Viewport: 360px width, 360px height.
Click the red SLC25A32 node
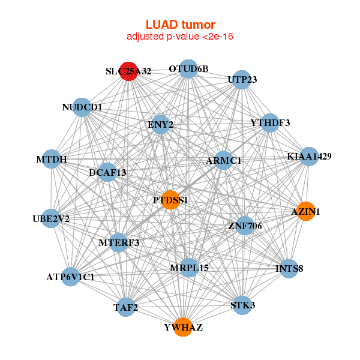point(128,71)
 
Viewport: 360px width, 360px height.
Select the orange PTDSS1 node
point(171,200)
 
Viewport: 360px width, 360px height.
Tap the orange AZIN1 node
point(305,211)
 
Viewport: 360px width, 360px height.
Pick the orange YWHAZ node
point(183,327)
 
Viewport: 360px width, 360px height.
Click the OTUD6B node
point(188,69)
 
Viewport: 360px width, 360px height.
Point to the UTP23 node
point(242,80)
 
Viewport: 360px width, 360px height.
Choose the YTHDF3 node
point(270,123)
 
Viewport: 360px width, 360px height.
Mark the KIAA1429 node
point(309,157)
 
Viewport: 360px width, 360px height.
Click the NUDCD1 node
point(82,107)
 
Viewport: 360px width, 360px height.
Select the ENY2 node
point(160,125)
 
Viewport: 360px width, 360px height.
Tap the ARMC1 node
point(223,161)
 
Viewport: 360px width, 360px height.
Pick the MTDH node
point(52,160)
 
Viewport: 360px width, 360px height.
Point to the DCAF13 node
point(107,173)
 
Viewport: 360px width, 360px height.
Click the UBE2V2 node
point(51,218)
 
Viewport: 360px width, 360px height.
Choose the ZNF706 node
point(244,226)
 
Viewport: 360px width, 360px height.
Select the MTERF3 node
point(119,242)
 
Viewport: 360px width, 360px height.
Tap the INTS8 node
point(289,268)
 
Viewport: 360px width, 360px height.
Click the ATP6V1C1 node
point(70,277)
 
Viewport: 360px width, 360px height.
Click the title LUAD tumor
point(180,25)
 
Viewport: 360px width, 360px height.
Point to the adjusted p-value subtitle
point(180,37)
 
